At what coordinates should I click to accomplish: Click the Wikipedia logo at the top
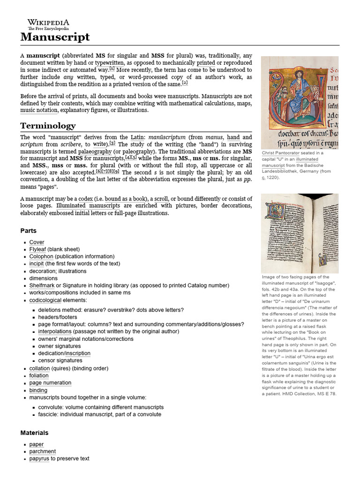pos(48,24)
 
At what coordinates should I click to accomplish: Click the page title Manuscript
pos(55,37)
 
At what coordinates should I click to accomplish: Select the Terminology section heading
pos(48,126)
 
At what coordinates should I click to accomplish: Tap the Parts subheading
pos(29,231)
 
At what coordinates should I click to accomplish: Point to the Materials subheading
pos(34,433)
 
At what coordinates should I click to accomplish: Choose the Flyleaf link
pos(37,249)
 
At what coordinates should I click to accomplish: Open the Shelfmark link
pos(42,285)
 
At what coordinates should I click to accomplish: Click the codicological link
pos(45,300)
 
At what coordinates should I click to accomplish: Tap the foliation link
pos(39,375)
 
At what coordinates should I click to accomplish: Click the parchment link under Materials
pos(42,451)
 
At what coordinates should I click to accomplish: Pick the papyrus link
pos(39,458)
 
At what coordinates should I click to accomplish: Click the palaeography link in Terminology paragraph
pos(95,151)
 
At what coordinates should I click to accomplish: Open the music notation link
pos(38,110)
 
